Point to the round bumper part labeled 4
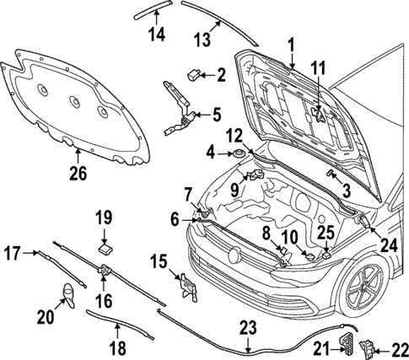coord(237,153)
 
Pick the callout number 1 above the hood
coord(292,44)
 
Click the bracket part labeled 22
coord(370,347)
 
